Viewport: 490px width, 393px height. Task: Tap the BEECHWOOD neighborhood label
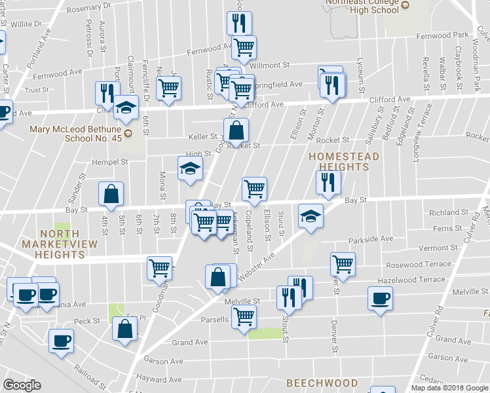pyautogui.click(x=322, y=383)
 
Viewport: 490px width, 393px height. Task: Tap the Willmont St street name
pyautogui.click(x=270, y=65)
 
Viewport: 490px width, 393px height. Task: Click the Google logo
pyautogui.click(x=22, y=385)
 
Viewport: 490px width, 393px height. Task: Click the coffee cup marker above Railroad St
pyautogui.click(x=62, y=341)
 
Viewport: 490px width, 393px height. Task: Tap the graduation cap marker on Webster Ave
pyautogui.click(x=311, y=215)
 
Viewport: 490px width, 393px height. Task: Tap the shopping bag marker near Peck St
pyautogui.click(x=124, y=329)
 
